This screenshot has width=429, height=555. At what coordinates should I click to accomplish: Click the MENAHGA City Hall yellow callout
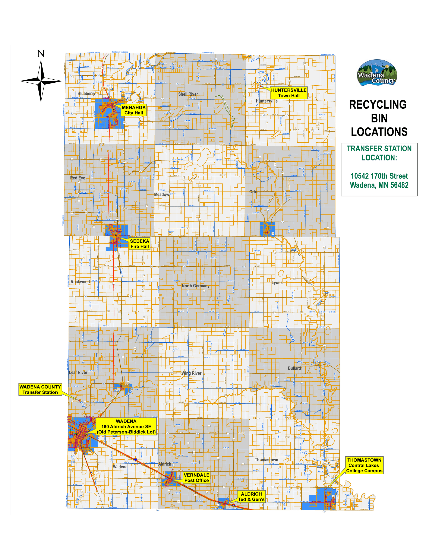pyautogui.click(x=134, y=110)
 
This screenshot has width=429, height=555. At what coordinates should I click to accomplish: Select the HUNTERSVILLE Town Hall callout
pyautogui.click(x=289, y=93)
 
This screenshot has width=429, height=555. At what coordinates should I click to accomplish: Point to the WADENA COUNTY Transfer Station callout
pyautogui.click(x=40, y=389)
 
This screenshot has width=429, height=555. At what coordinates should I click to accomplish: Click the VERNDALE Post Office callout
pyautogui.click(x=196, y=478)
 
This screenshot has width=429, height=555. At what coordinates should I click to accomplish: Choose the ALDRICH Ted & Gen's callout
pyautogui.click(x=251, y=497)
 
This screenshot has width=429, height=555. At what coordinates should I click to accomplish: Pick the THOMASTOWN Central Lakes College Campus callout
pyautogui.click(x=364, y=465)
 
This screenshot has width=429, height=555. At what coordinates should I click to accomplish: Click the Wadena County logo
pyautogui.click(x=377, y=73)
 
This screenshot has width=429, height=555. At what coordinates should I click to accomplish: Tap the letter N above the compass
pyautogui.click(x=41, y=54)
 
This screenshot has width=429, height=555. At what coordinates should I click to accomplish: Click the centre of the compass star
pyautogui.click(x=41, y=81)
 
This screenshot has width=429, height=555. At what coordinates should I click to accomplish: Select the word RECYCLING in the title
pyautogui.click(x=378, y=105)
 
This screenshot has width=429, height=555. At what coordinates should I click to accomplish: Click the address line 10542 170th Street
pyautogui.click(x=379, y=176)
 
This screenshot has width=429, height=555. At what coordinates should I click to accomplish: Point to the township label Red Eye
pyautogui.click(x=78, y=178)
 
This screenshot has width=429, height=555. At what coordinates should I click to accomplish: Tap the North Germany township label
pyautogui.click(x=195, y=286)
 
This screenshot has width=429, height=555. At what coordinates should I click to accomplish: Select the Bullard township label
pyautogui.click(x=294, y=368)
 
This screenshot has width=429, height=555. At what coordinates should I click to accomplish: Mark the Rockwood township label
pyautogui.click(x=80, y=282)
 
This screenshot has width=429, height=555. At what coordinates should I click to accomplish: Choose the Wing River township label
pyautogui.click(x=191, y=373)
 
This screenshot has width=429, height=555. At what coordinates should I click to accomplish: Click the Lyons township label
pyautogui.click(x=277, y=283)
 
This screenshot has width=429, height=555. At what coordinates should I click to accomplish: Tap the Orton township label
pyautogui.click(x=254, y=192)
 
